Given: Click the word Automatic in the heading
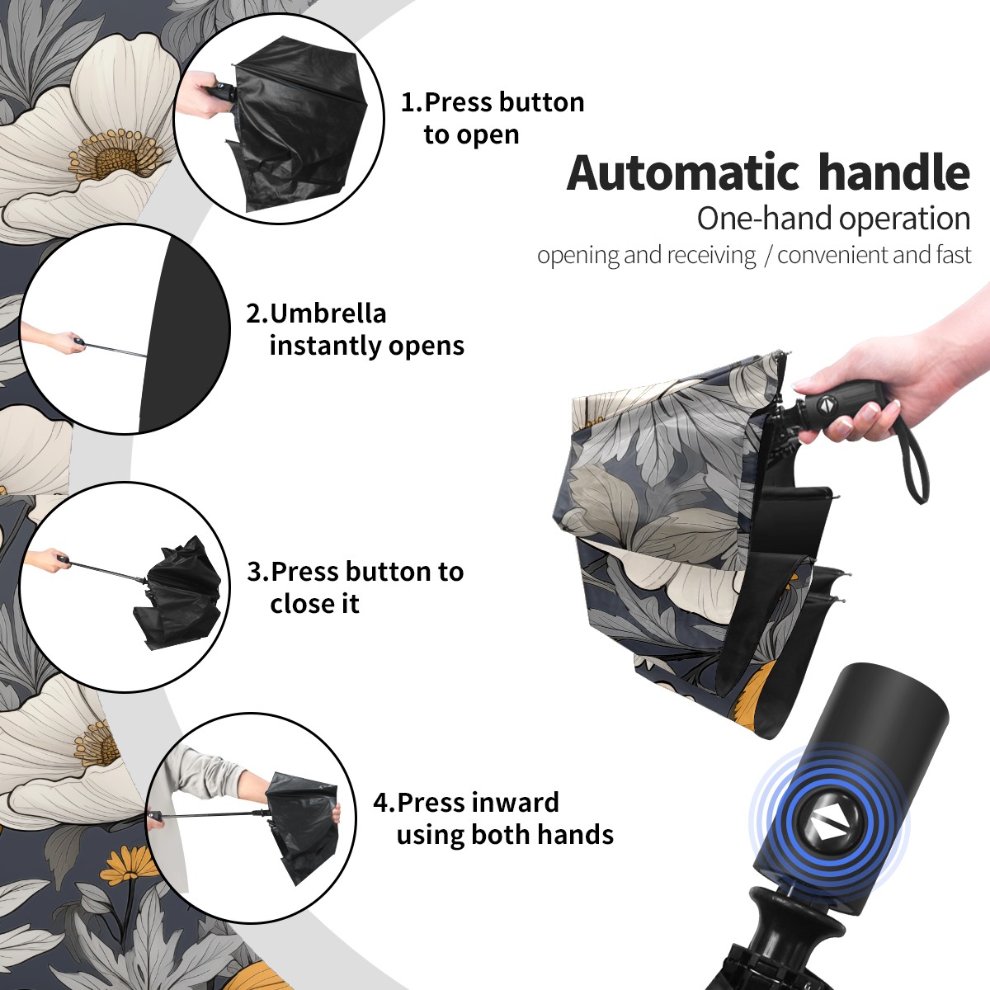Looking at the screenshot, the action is pos(683,173).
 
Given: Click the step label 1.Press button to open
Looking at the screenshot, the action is pos(493,118).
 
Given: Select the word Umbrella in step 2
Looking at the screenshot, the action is pos(328,313).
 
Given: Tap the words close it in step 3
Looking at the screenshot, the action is pos(314,604).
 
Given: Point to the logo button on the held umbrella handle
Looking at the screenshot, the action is pos(825,404).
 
